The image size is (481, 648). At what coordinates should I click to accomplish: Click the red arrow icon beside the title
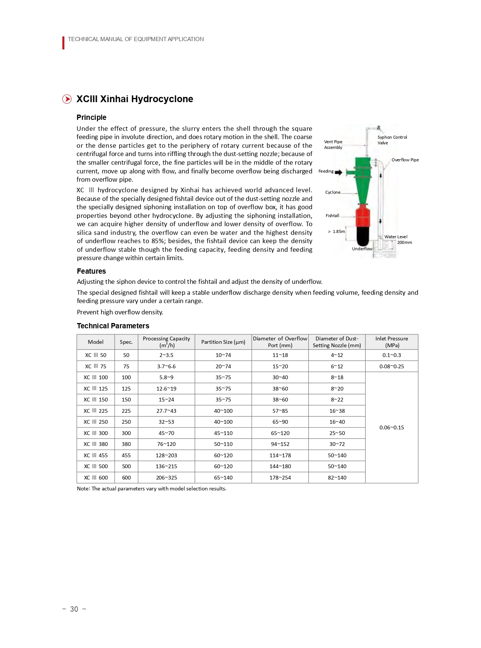tap(67, 99)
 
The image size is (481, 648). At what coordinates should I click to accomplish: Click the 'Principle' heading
tap(91, 117)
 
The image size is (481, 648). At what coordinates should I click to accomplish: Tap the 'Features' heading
tap(91, 271)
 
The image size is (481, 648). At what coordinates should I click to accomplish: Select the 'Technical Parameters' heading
tap(113, 326)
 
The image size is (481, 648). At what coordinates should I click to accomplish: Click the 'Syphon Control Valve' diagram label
tap(392, 140)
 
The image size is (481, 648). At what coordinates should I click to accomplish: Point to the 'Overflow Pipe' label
tap(405, 160)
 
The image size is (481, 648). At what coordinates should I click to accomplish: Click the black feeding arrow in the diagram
tap(339, 172)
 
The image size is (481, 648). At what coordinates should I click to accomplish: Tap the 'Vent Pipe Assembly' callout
tap(333, 145)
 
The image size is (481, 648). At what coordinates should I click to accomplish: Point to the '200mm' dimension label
tap(404, 242)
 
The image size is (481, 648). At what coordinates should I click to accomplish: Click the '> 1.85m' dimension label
tap(336, 231)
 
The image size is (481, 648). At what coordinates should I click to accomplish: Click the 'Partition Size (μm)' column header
tap(223, 342)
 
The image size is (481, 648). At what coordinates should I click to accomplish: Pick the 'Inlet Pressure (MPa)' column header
tap(392, 342)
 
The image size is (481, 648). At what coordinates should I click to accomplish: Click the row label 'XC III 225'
tap(96, 411)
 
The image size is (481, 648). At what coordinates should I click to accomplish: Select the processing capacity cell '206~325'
tap(166, 478)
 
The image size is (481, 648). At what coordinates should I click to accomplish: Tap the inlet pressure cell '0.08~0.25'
tap(392, 366)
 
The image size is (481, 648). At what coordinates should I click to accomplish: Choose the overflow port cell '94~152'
tap(280, 444)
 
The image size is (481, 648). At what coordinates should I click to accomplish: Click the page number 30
tap(74, 609)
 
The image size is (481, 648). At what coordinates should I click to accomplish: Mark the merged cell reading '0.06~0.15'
tap(392, 427)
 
